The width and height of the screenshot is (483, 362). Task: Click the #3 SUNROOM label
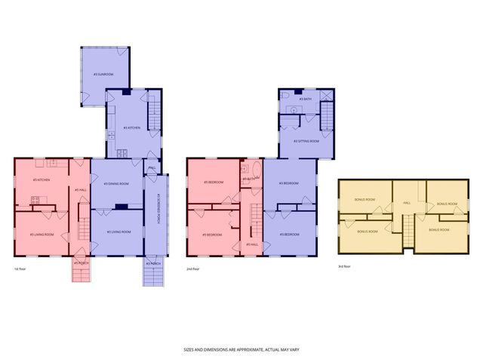[103, 74]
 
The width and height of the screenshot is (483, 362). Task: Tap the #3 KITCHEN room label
[133, 127]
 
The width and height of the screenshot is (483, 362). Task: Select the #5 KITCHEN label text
[42, 179]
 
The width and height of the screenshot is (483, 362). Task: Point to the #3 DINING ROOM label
[115, 183]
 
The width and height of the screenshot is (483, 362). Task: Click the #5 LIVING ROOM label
[42, 235]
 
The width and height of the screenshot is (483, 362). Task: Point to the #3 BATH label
[305, 99]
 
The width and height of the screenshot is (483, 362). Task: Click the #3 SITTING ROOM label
[306, 141]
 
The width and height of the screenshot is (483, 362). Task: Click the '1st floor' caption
[20, 268]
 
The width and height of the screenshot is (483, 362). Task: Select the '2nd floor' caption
[193, 268]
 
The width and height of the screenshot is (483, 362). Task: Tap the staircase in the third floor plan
[408, 231]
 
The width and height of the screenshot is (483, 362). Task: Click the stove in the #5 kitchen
[34, 200]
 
